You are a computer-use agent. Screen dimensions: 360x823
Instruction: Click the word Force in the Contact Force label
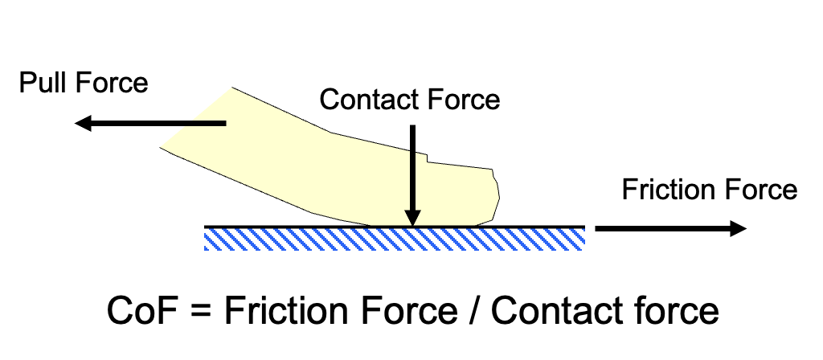coord(464,100)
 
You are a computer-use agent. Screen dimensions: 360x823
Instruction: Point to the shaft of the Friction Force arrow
coord(659,228)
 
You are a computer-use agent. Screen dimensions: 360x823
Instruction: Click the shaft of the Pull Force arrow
coord(161,124)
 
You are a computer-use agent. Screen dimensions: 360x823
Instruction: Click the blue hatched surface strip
coord(394,238)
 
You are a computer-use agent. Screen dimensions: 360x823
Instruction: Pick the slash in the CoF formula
coord(476,311)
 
